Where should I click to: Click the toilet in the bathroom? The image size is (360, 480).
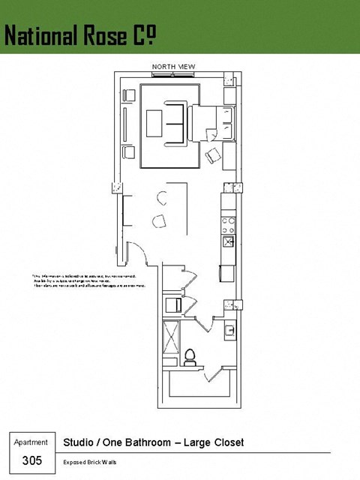(190, 355)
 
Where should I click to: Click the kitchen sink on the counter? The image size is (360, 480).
(228, 241)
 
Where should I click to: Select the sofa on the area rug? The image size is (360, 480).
(177, 121)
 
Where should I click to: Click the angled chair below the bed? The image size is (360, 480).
(213, 156)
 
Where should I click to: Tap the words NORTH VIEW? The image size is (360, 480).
(173, 67)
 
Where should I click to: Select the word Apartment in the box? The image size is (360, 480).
(31, 442)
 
